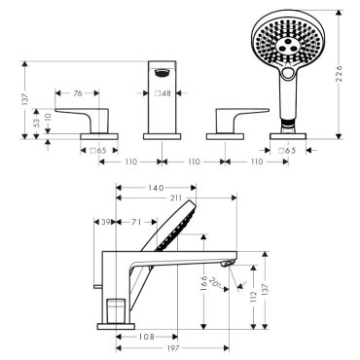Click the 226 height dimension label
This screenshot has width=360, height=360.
tap(339, 74)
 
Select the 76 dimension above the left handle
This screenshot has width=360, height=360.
tap(77, 93)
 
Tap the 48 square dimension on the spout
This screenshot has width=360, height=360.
tap(162, 93)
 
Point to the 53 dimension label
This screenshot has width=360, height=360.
tap(37, 122)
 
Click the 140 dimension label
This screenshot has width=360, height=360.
tap(156, 188)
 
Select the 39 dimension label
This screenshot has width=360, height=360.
tap(105, 222)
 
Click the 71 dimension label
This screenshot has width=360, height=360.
tap(136, 222)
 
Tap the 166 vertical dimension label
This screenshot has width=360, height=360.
tap(203, 284)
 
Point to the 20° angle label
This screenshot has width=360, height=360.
tap(216, 282)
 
